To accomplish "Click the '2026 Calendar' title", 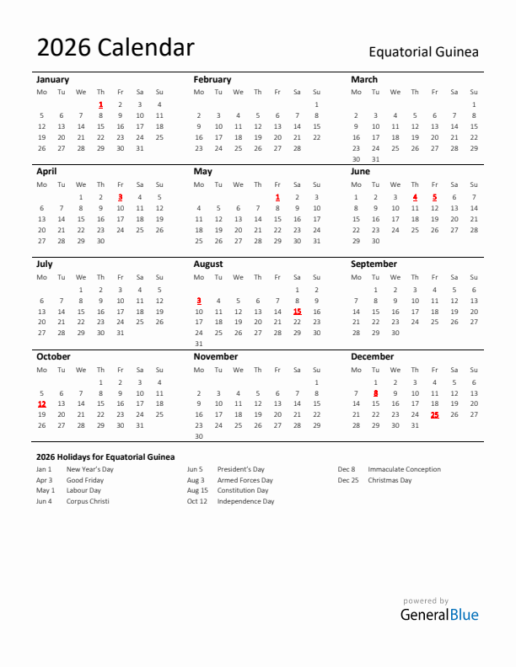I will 116,48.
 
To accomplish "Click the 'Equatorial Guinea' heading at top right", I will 423,51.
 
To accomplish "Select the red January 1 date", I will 100,104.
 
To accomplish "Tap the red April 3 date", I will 120,197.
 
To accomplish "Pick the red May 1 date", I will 277,197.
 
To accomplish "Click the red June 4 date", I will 415,197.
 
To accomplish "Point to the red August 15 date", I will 297,311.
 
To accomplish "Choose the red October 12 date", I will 41,403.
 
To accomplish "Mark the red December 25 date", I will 434,414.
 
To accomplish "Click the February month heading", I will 212,79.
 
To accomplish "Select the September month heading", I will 374,264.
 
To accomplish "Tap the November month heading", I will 216,356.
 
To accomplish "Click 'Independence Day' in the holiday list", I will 245,501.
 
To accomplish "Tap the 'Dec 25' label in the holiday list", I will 348,480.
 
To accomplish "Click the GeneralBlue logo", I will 438,614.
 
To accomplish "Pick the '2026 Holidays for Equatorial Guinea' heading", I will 105,456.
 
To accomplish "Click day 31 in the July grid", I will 120,333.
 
